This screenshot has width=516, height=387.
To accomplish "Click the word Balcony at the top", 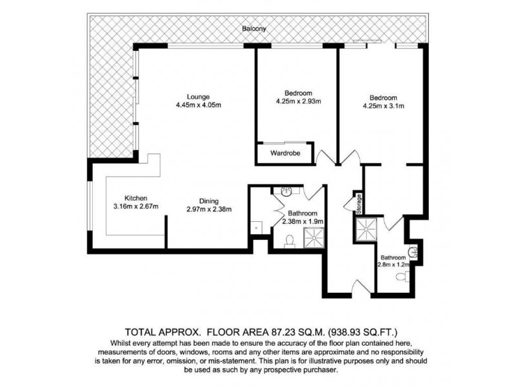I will coord(255,30).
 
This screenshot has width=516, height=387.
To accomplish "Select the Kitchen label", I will coord(136,198).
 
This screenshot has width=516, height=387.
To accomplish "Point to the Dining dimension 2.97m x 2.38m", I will coord(208,208).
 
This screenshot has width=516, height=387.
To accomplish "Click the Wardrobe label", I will coord(283,154).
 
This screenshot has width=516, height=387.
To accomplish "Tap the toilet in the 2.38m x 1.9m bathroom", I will coord(290,240).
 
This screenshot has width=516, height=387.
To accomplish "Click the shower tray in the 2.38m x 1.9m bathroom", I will coord(314,237).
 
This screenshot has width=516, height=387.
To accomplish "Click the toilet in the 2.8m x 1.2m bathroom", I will coord(402,277).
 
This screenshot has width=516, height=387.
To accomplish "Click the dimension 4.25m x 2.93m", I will coord(298,101).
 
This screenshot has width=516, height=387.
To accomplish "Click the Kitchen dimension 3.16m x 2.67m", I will coord(136,206).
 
